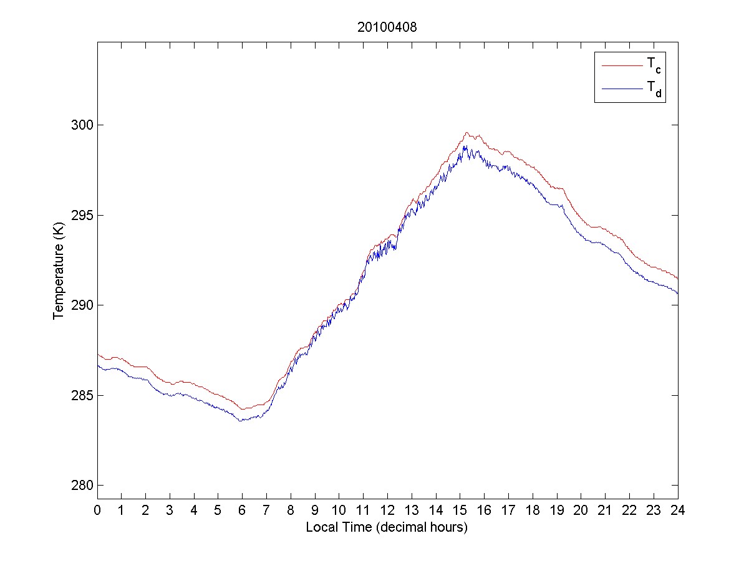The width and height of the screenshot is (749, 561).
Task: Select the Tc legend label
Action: pyautogui.click(x=654, y=64)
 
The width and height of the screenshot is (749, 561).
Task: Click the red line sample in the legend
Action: pyautogui.click(x=621, y=64)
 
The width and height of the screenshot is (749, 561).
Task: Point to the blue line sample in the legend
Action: pyautogui.click(x=621, y=89)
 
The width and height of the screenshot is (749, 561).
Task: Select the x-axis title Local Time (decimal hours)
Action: pyautogui.click(x=387, y=527)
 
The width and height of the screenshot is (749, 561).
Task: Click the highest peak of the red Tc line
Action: pyautogui.click(x=466, y=132)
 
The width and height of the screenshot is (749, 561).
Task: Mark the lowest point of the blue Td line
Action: pyautogui.click(x=241, y=421)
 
